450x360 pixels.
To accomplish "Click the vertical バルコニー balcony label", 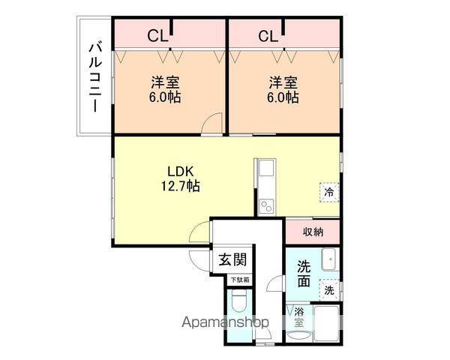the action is (x=95, y=77).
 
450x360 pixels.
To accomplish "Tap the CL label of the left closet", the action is (x=157, y=36).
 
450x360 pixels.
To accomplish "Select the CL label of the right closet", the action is (x=268, y=36).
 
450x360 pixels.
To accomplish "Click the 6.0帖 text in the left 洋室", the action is (x=165, y=97).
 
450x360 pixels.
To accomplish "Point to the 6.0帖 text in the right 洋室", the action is (x=283, y=97).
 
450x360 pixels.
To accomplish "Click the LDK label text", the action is (x=181, y=172).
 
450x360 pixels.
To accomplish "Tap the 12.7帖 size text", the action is (x=180, y=186).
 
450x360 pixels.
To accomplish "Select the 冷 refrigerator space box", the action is (x=329, y=192).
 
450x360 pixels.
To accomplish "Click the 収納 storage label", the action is (x=313, y=232).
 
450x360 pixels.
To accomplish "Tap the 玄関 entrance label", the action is (x=232, y=259).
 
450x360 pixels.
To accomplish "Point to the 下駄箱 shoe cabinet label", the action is (x=240, y=280).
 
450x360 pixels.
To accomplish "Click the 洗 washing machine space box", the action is (x=329, y=290).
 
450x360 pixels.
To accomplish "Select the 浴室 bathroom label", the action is (x=298, y=317).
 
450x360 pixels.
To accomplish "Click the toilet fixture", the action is (x=239, y=301).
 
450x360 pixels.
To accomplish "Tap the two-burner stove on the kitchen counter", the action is (x=266, y=206).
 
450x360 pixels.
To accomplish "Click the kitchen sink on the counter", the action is (x=266, y=168).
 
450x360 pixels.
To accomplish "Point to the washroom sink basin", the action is (x=329, y=259).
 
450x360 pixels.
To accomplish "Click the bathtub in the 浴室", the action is (x=326, y=323).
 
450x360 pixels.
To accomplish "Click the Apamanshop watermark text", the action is (x=225, y=322).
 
